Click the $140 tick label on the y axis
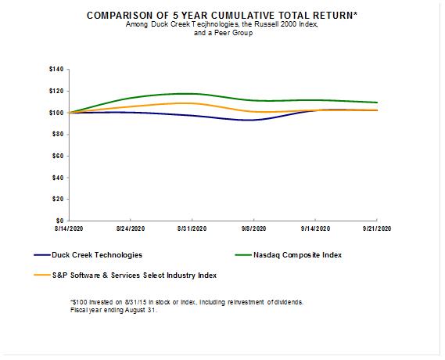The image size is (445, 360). (56, 69)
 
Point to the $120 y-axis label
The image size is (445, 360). (56, 91)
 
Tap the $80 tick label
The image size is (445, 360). (58, 135)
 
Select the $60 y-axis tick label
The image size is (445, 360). (58, 156)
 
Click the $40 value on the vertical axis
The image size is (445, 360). (58, 178)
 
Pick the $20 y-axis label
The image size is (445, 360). (58, 200)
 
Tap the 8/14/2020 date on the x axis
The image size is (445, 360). (69, 229)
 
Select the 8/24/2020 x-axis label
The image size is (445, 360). (131, 229)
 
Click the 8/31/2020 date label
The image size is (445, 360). (192, 229)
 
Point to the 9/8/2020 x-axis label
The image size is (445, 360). (253, 229)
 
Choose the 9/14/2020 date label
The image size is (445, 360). (316, 229)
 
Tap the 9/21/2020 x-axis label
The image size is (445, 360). (377, 229)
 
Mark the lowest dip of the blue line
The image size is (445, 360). (251, 120)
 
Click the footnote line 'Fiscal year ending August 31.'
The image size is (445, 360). (114, 310)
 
